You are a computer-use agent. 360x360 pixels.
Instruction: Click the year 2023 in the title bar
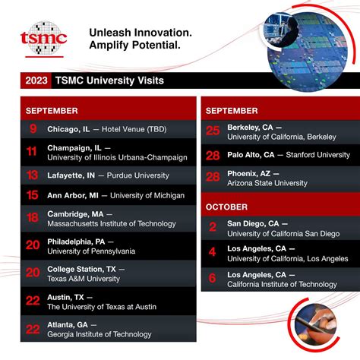[x=39, y=80]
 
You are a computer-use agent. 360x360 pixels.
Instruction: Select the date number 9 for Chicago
[x=33, y=129]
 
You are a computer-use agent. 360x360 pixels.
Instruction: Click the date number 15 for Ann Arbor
[x=33, y=195]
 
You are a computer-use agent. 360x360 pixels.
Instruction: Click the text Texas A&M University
[x=84, y=279]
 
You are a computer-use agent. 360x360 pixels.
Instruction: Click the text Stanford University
[x=318, y=155]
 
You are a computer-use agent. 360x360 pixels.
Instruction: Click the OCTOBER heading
[x=227, y=207]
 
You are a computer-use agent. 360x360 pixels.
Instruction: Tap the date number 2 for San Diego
[x=213, y=227]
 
